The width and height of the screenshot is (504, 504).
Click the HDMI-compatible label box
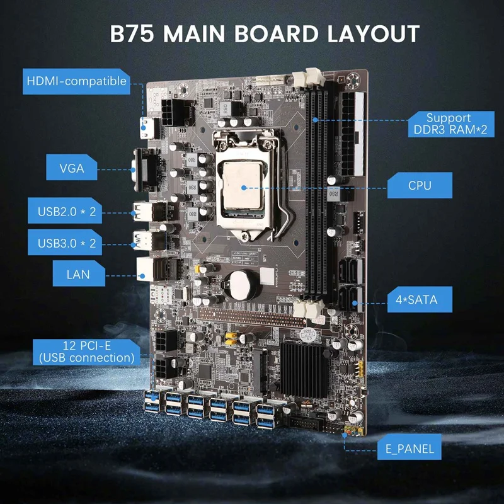76,81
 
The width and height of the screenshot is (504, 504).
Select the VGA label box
72,168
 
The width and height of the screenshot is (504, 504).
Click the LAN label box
77,274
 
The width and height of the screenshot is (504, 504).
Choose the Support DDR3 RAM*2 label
448,123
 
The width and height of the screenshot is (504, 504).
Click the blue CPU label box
420,186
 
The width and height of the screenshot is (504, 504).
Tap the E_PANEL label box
409,450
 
